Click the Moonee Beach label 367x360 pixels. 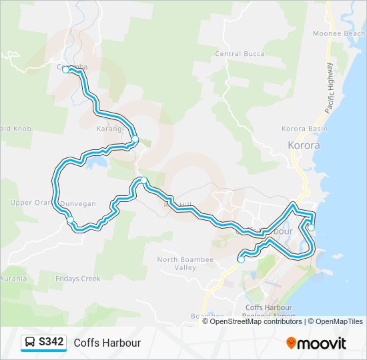coord(338,33)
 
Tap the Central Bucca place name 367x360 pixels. coord(240,54)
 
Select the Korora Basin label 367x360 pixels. coord(304,129)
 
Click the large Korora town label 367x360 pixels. coord(304,145)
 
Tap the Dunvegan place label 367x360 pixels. coord(79,203)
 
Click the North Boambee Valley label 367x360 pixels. coord(177,263)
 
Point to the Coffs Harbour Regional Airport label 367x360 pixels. coord(270,312)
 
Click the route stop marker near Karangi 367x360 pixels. coord(135,139)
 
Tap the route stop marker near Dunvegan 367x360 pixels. coord(70,219)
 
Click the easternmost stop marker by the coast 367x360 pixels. coord(311,228)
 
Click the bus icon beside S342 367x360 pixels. coord(31,343)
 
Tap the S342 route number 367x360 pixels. coord(51,343)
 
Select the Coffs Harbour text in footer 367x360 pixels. coord(107,343)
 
